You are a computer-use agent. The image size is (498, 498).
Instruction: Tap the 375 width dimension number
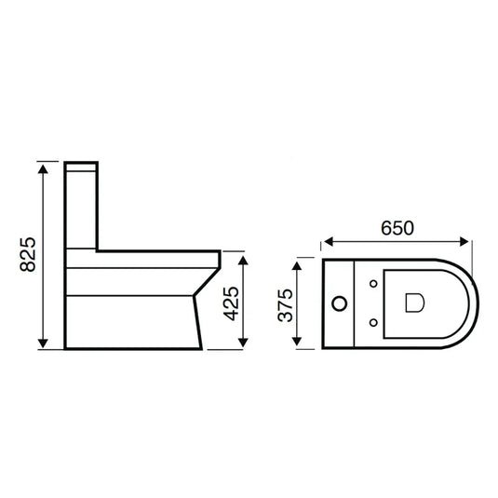286,304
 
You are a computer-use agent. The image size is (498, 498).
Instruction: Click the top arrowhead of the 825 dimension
43,166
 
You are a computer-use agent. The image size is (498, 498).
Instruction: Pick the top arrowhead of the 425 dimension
245,256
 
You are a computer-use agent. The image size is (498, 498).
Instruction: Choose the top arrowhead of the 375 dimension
298,264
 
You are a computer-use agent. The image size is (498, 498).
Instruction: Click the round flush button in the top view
342,303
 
